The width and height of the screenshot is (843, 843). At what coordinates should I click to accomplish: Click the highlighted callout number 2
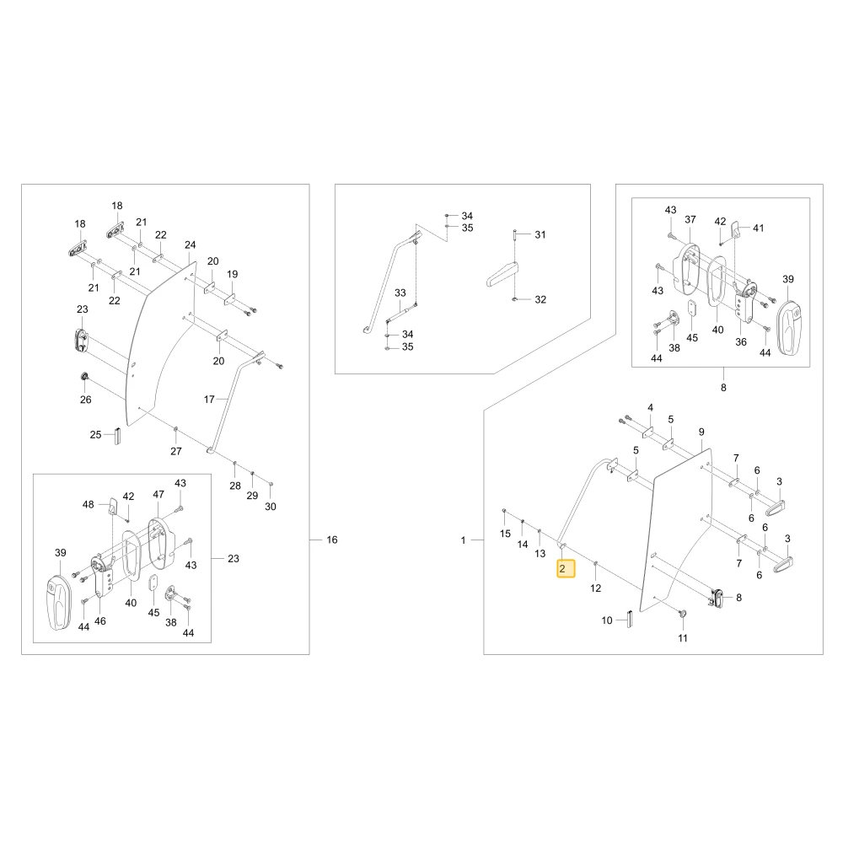[x=562, y=568]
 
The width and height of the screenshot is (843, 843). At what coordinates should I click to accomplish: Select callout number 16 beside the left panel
[x=332, y=540]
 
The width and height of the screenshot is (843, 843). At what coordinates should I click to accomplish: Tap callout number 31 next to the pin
[x=540, y=234]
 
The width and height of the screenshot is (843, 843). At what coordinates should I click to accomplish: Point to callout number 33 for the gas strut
[x=400, y=293]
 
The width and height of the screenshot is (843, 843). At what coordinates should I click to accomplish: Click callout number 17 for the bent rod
[x=209, y=400]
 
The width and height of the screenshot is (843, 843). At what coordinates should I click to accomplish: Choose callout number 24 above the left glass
[x=191, y=245]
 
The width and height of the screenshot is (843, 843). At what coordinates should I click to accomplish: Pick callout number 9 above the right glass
[x=701, y=432]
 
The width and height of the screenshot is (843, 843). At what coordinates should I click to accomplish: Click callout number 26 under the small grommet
[x=85, y=400]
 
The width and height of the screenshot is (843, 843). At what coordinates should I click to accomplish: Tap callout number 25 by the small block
[x=96, y=434]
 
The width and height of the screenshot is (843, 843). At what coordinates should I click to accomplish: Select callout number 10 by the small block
[x=607, y=620]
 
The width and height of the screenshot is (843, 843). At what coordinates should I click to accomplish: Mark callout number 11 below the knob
[x=683, y=638]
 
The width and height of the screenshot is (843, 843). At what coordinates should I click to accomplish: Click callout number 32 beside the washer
[x=540, y=299]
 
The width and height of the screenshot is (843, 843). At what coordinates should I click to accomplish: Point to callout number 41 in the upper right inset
[x=759, y=228]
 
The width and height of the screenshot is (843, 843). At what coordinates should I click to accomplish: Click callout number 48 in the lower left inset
[x=89, y=504]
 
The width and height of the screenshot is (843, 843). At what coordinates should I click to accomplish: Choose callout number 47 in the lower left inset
[x=158, y=495]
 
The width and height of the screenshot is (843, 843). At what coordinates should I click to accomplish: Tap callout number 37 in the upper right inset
[x=690, y=219]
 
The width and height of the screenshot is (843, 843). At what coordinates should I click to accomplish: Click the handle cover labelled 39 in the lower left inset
[x=58, y=601]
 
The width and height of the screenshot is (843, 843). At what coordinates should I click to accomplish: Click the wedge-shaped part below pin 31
[x=502, y=275]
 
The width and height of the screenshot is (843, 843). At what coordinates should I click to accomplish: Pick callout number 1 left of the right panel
[x=463, y=540]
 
